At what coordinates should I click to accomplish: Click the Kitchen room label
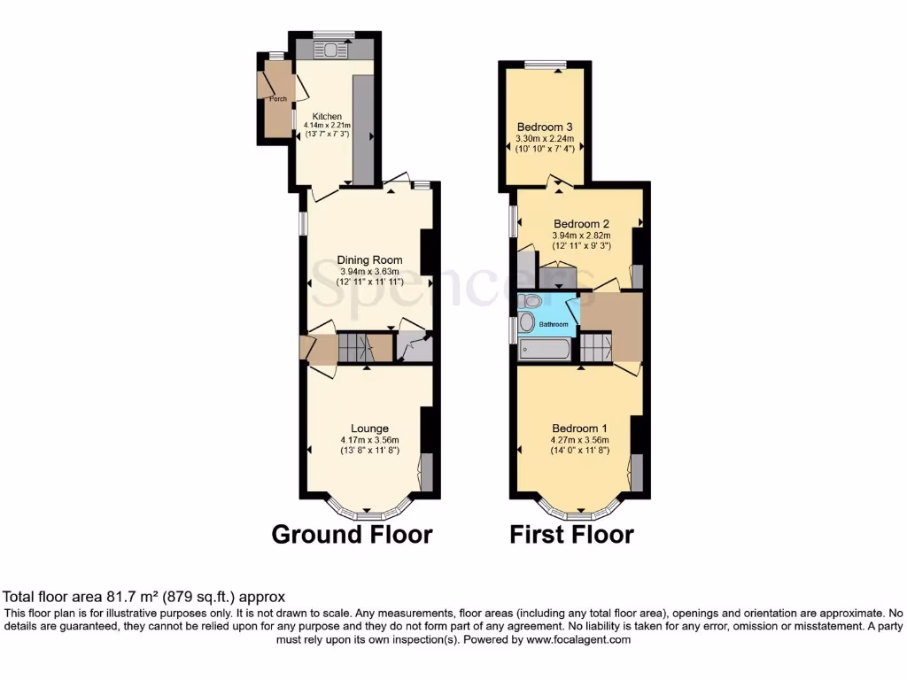coord(326,116)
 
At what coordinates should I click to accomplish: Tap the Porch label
coord(277,98)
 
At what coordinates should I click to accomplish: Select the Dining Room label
coord(369,260)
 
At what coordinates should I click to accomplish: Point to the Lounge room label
coord(369,429)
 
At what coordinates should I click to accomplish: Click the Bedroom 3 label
coord(545,127)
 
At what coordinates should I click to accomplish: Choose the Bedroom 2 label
coord(581,224)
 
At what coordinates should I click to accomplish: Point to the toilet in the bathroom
coord(528,321)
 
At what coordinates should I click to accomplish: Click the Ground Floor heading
coord(352,535)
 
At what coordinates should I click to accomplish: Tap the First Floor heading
coord(571,535)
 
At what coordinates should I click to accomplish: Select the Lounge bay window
coord(368,510)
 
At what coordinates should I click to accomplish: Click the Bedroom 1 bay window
coord(580,510)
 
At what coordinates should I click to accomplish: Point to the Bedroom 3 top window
coord(545,64)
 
